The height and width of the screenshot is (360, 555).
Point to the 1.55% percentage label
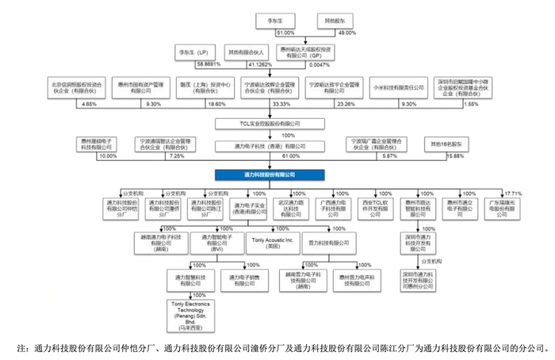[492, 104]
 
